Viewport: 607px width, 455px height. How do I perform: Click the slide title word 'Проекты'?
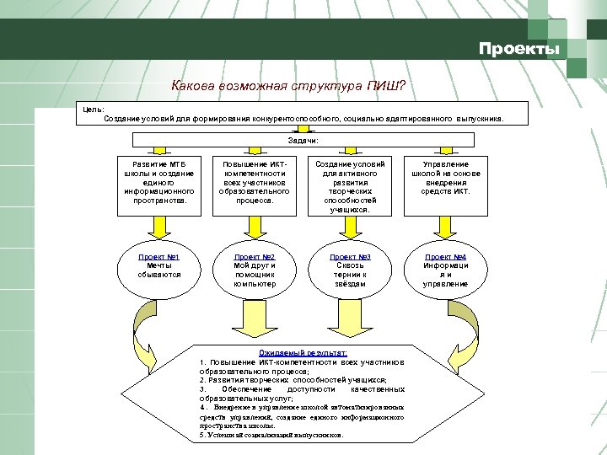pos(518,49)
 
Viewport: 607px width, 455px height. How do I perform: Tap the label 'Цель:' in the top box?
pos(94,109)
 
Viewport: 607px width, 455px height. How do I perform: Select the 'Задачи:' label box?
pos(303,140)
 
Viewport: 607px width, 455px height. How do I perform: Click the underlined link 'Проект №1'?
pos(159,256)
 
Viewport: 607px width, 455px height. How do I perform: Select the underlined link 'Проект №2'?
pos(255,256)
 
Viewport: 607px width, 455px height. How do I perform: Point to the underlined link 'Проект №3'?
pos(350,256)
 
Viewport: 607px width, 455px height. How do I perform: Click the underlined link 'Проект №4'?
pos(446,256)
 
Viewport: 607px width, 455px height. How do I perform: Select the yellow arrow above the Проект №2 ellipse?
pos(255,225)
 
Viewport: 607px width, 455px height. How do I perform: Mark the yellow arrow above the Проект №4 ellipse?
pos(445,225)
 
